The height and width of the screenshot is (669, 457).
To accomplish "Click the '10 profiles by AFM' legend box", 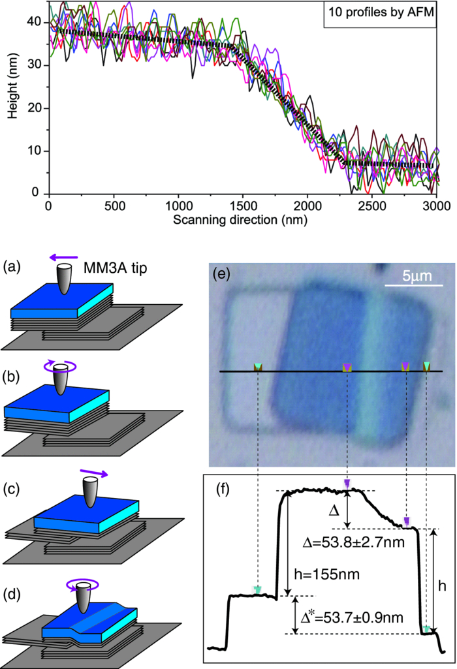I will (379, 14).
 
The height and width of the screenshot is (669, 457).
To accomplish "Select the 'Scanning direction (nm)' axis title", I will (241, 221).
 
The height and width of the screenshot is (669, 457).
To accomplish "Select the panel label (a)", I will (13, 267).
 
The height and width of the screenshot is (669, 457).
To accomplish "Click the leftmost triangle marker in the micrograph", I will (258, 367).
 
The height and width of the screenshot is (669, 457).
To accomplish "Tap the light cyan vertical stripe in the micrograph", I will (374, 366).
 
